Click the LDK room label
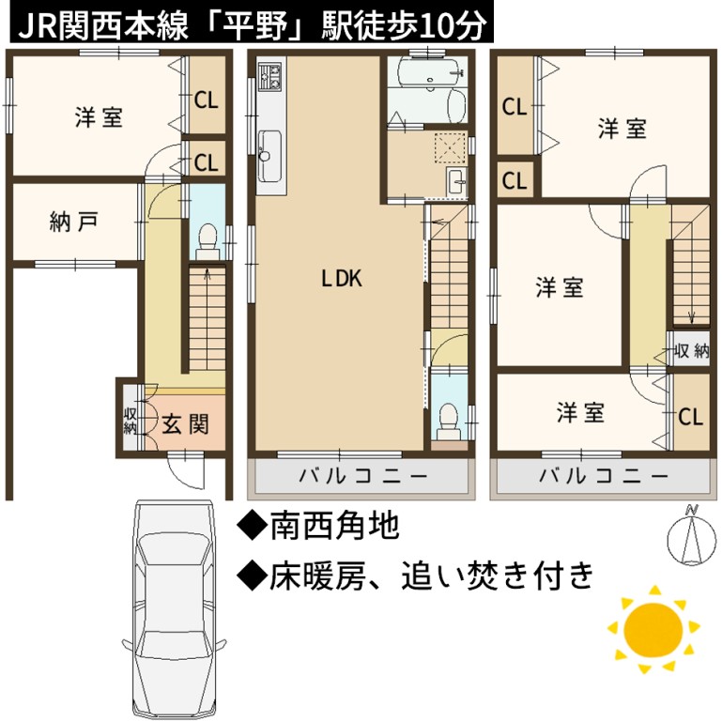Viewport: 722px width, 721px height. pos(341,279)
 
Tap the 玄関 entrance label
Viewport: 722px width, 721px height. pos(185,424)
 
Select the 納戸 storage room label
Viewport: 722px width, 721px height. pos(73,222)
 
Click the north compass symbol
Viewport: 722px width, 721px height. pos(692,536)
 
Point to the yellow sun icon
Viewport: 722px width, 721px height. pos(653,630)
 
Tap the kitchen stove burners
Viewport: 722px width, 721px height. pos(269,76)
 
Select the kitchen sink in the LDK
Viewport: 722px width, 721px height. pos(269,156)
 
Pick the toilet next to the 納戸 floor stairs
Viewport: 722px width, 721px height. pos(207,241)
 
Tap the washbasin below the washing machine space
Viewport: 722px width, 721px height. pos(456,182)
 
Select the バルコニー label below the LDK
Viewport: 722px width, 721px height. pos(363,475)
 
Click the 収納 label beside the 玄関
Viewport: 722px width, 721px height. pos(130,421)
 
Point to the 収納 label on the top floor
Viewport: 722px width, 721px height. pos(691,351)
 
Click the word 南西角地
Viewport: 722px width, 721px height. pos(334,526)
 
